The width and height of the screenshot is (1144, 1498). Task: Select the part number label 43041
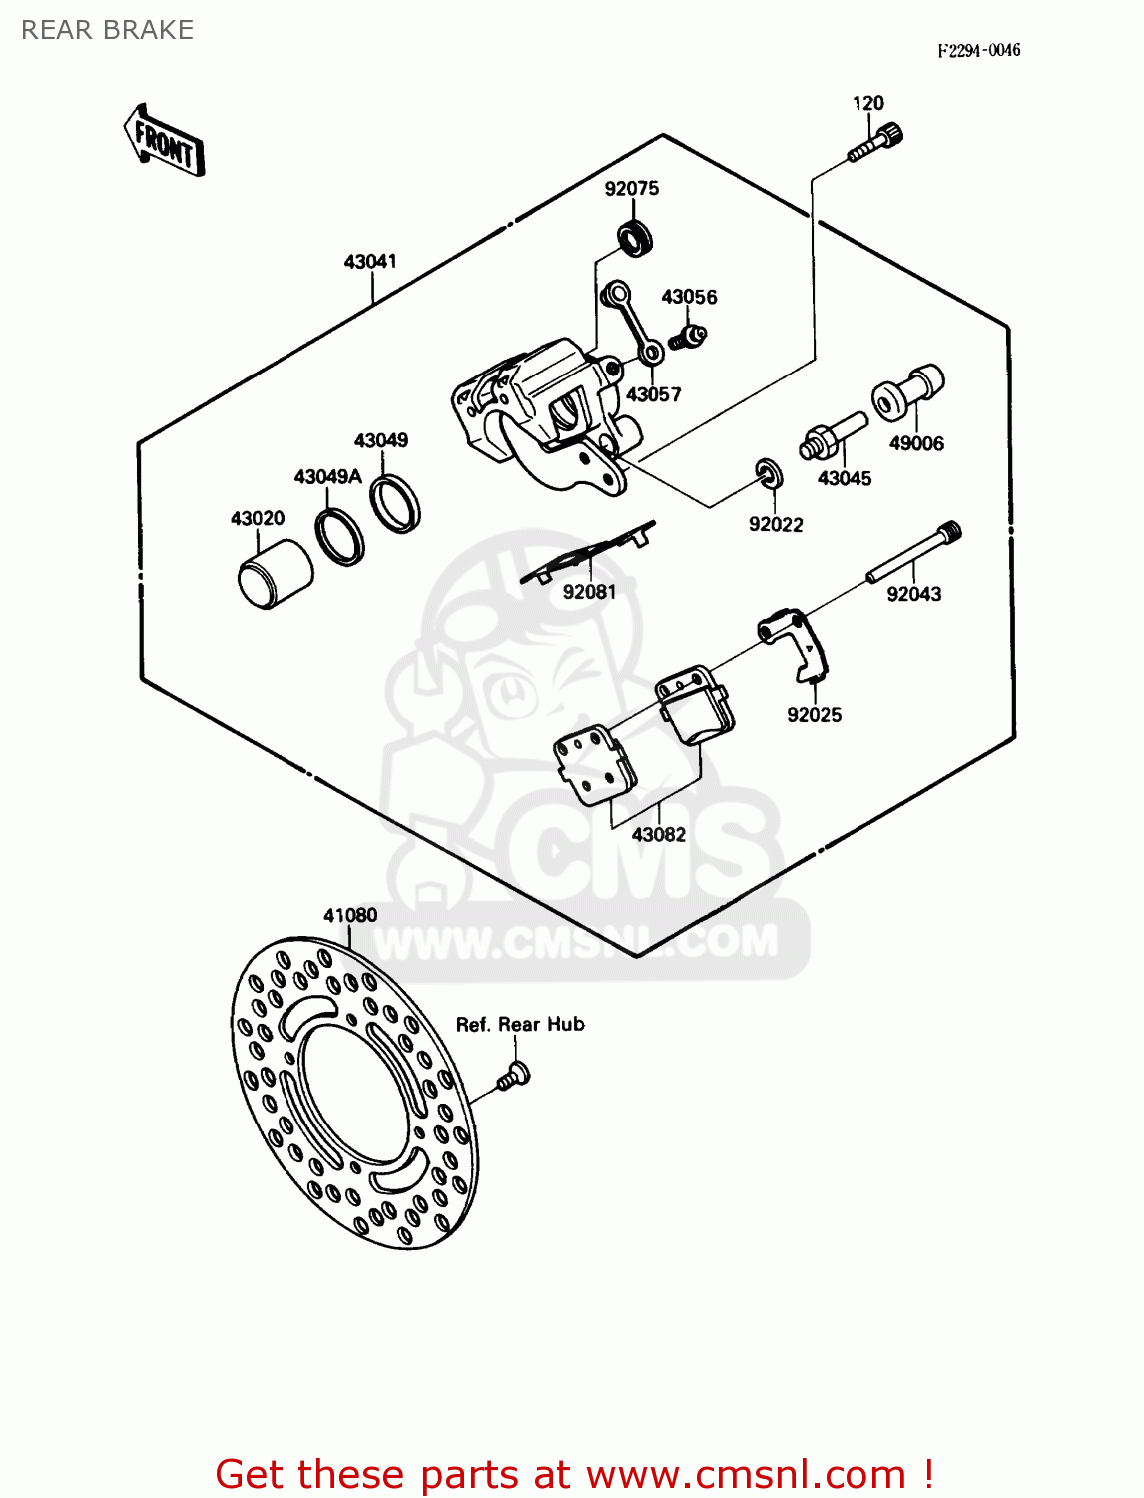pyautogui.click(x=370, y=262)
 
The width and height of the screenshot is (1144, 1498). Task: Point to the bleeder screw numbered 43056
pyautogui.click(x=687, y=335)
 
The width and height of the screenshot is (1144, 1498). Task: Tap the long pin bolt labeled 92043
pyautogui.click(x=913, y=553)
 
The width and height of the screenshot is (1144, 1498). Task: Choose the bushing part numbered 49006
pyautogui.click(x=907, y=391)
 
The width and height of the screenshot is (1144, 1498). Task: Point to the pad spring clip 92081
pyautogui.click(x=589, y=552)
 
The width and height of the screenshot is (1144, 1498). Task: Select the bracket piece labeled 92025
pyautogui.click(x=796, y=643)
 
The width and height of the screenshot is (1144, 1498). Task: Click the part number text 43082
pyautogui.click(x=659, y=835)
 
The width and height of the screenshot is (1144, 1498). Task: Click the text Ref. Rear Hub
pyautogui.click(x=520, y=1025)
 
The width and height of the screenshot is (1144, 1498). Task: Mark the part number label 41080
pyautogui.click(x=350, y=915)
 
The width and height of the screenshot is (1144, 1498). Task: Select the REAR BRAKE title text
pyautogui.click(x=108, y=30)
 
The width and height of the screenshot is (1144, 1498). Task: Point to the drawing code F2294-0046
pyautogui.click(x=978, y=51)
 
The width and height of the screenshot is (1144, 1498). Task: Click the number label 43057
pyautogui.click(x=653, y=395)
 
